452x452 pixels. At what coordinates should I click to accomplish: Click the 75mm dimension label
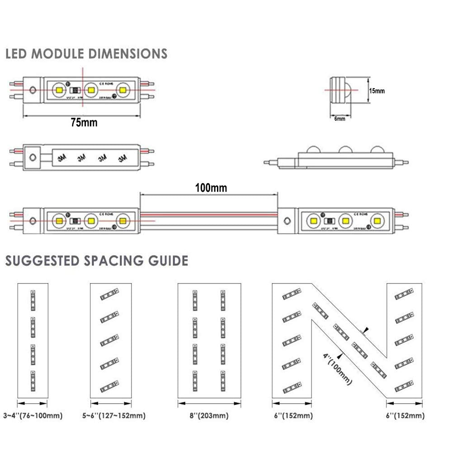(x=84, y=122)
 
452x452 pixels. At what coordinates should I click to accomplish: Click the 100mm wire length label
(x=211, y=187)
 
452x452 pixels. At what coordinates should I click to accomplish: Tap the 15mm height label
(x=377, y=91)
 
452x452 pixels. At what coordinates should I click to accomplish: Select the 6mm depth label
(x=339, y=119)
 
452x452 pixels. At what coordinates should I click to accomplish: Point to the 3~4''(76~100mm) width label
(x=33, y=415)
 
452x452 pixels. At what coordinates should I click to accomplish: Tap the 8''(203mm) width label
(x=209, y=415)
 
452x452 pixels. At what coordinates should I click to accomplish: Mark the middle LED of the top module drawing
(x=91, y=90)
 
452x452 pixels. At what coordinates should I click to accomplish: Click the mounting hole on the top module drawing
(x=33, y=90)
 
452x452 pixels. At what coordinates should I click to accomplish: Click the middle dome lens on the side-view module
(x=346, y=151)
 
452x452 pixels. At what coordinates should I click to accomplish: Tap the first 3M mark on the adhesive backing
(x=62, y=158)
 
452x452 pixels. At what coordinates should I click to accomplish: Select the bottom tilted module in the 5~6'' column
(x=108, y=386)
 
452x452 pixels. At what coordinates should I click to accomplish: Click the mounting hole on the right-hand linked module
(x=287, y=221)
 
